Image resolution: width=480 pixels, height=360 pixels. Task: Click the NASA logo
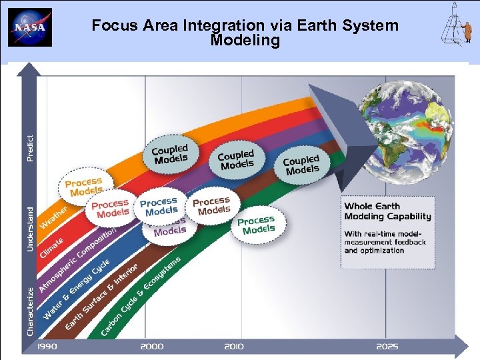[30, 27]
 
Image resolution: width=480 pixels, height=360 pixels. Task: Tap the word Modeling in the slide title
[245, 41]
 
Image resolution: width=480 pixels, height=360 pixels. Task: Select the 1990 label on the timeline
[47, 347]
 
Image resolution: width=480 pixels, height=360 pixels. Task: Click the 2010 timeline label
[233, 347]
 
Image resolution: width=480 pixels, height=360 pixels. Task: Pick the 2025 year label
[387, 347]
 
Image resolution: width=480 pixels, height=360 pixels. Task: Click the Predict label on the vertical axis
[30, 147]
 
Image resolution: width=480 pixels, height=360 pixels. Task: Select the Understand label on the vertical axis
[30, 229]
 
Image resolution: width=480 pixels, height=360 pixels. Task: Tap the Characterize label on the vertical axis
[30, 311]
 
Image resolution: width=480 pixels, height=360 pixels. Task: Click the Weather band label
[54, 217]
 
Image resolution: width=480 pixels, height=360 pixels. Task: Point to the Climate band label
[52, 247]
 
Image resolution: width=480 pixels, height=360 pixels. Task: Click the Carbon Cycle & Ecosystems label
[140, 294]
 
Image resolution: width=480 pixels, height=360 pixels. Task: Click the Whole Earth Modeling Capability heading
[387, 211]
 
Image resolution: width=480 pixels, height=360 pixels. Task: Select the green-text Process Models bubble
[257, 225]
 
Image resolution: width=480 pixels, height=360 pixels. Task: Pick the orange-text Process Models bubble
[84, 186]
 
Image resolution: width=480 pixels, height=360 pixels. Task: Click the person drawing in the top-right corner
[459, 27]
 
